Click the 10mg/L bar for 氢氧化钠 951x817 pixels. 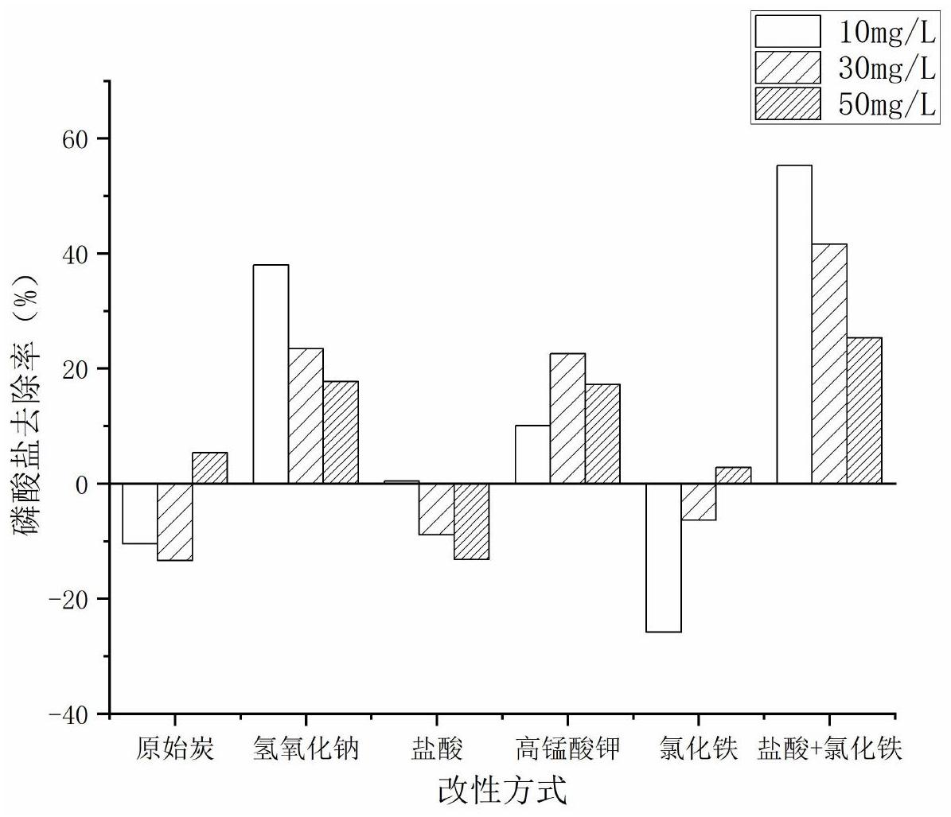271,374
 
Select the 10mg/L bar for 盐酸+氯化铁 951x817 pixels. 794,324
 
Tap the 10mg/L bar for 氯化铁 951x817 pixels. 663,558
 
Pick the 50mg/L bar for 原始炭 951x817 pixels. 209,468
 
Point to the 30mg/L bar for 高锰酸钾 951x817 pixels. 567,418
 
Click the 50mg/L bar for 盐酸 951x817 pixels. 471,521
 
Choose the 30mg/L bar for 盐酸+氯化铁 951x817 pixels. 829,364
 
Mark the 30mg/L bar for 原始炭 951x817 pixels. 174,522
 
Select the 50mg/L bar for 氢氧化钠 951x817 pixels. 341,432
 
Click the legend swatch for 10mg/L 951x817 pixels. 787,31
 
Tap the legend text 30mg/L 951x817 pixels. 887,69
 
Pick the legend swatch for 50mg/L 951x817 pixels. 787,104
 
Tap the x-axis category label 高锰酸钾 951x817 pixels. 567,749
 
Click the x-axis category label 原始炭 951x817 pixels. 174,749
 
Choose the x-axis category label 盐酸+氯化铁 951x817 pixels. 829,749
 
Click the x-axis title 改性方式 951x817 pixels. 502,791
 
